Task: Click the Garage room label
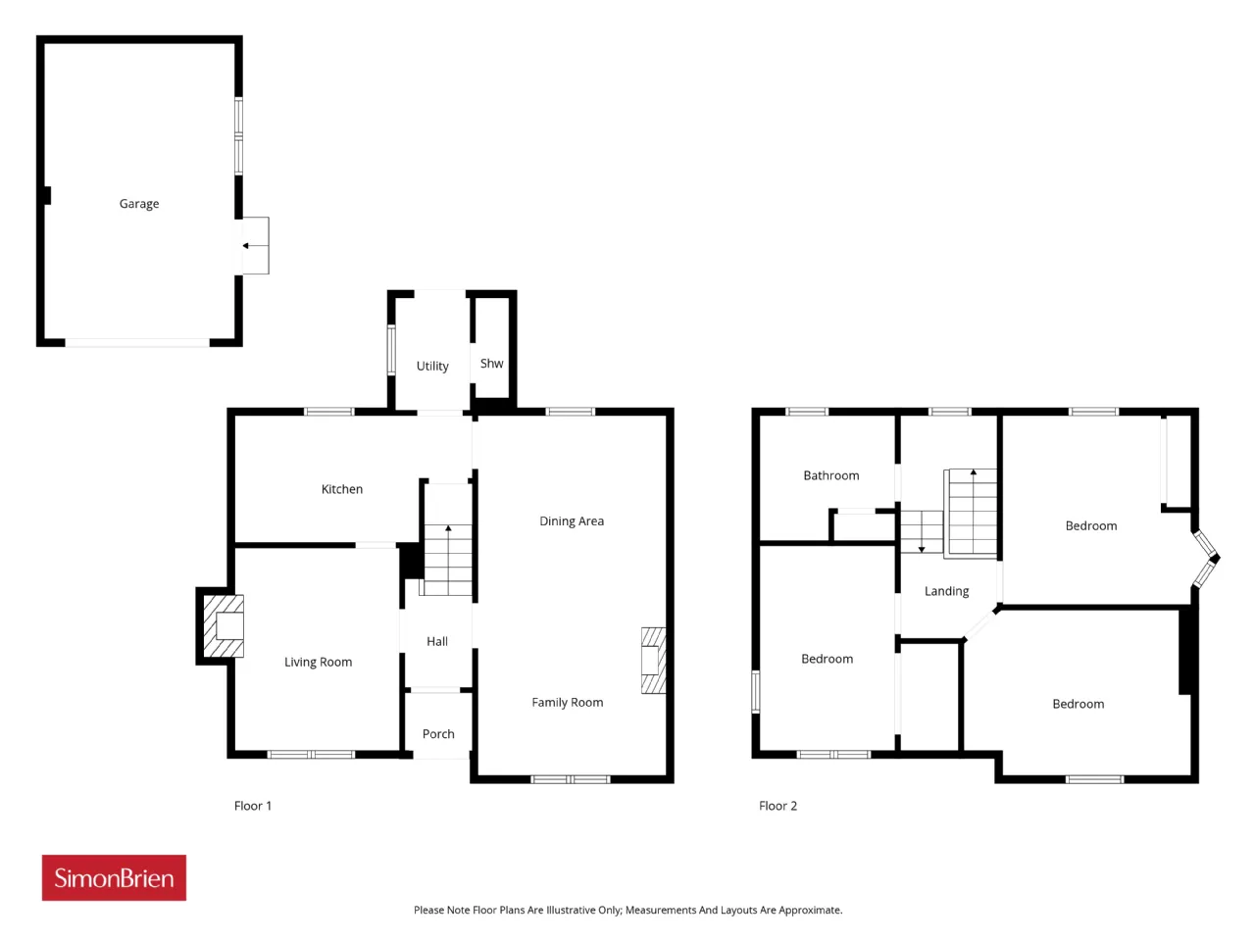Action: tap(139, 204)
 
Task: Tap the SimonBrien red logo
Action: tap(114, 877)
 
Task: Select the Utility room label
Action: tap(432, 367)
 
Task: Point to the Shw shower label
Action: tap(491, 364)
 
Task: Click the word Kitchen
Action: tap(342, 489)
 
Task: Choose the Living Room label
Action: tap(318, 662)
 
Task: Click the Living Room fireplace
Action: tap(224, 626)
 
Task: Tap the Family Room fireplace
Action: tap(654, 661)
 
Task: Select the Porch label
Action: tap(438, 734)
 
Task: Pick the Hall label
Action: tap(437, 642)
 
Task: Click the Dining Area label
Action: tap(572, 521)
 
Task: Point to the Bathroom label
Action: tap(830, 476)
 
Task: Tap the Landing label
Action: tap(946, 591)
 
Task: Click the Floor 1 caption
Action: tap(252, 806)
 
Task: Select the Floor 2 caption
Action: tap(778, 806)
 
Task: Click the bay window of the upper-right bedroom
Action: tap(1206, 559)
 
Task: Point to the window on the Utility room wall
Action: tap(391, 350)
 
